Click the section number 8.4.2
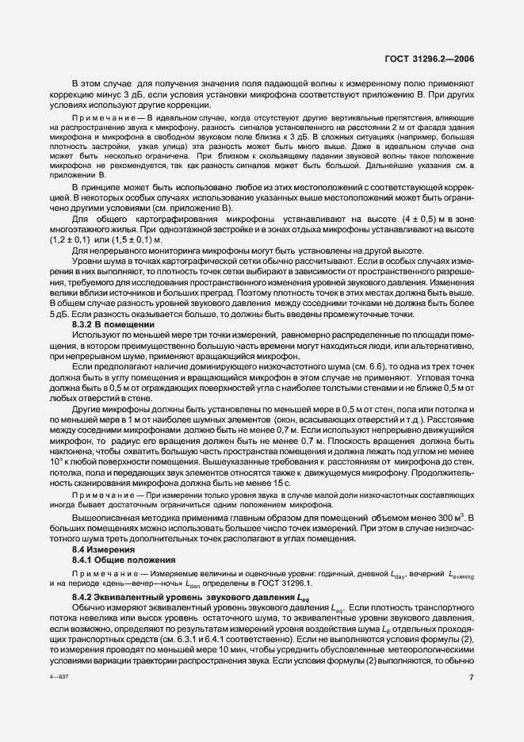pyautogui.click(x=86, y=595)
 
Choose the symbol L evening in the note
pyautogui.click(x=457, y=572)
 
